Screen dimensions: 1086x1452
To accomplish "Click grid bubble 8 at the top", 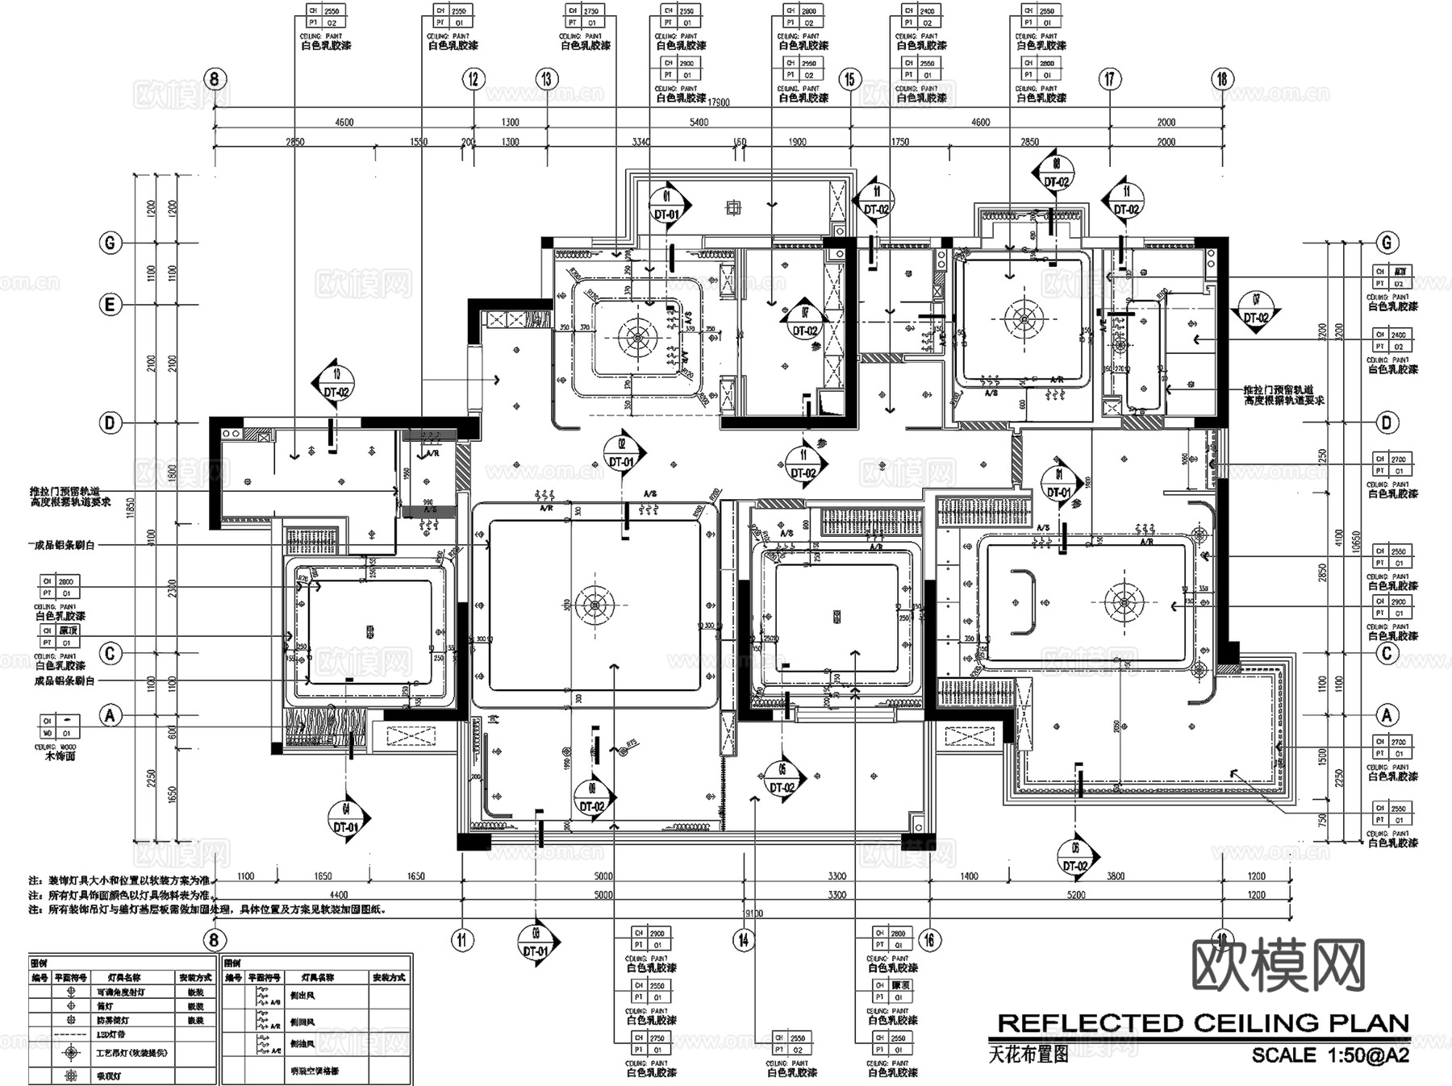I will (214, 79).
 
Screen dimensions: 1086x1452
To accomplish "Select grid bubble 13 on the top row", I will (547, 79).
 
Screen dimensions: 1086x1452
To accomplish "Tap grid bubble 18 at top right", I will (1221, 79).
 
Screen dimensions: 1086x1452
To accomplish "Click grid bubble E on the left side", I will (111, 305).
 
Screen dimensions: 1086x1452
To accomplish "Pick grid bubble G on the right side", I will (1387, 242).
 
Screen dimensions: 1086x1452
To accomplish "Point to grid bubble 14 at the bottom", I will (743, 939).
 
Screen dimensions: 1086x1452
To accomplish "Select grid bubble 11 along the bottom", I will (462, 939).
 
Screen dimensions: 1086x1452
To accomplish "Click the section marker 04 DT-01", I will (348, 822).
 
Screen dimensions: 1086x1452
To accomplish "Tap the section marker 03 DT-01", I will (536, 945).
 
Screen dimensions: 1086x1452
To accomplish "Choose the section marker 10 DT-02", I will (336, 386).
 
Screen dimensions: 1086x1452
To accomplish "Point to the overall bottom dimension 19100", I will (751, 913).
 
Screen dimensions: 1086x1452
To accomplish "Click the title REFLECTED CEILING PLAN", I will (1203, 1024).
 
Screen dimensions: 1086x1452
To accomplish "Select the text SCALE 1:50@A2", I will (1330, 1055).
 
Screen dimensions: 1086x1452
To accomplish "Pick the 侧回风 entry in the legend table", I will (303, 1022).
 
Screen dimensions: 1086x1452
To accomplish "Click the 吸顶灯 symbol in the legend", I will (72, 1076).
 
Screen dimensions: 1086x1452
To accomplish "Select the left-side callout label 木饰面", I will (60, 757).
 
